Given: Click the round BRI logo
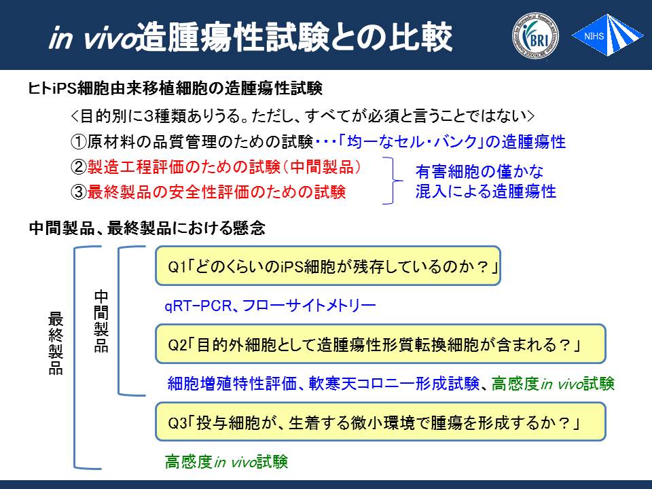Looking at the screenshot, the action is tap(535, 36).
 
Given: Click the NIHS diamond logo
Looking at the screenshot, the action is tap(607, 35).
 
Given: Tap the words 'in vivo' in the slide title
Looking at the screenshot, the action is tap(92, 38).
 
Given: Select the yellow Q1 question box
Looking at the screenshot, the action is tap(327, 266).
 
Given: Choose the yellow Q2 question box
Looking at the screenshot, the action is tap(380, 344).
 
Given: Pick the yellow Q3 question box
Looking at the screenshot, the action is tap(380, 421).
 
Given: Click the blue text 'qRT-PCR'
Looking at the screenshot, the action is tap(198, 306).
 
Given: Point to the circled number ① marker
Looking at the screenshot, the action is tap(79, 142).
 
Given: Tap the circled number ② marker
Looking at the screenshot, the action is tap(79, 167).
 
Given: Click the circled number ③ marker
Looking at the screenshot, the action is tap(79, 192).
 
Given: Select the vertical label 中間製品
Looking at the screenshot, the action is tap(101, 321).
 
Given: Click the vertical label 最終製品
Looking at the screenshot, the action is tap(56, 343).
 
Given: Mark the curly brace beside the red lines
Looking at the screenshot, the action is tap(393, 181).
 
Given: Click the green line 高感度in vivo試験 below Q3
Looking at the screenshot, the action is tap(226, 462).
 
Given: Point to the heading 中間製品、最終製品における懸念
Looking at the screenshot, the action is tap(147, 228).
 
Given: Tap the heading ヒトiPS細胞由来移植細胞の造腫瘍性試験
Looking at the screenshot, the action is tap(175, 88).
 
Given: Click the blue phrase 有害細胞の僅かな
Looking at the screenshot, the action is tap(479, 171).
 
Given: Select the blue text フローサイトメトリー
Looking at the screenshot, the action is tap(308, 306).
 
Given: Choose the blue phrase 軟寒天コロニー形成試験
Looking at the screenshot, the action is tap(394, 383).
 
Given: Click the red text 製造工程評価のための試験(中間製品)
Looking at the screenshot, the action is tap(223, 167).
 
